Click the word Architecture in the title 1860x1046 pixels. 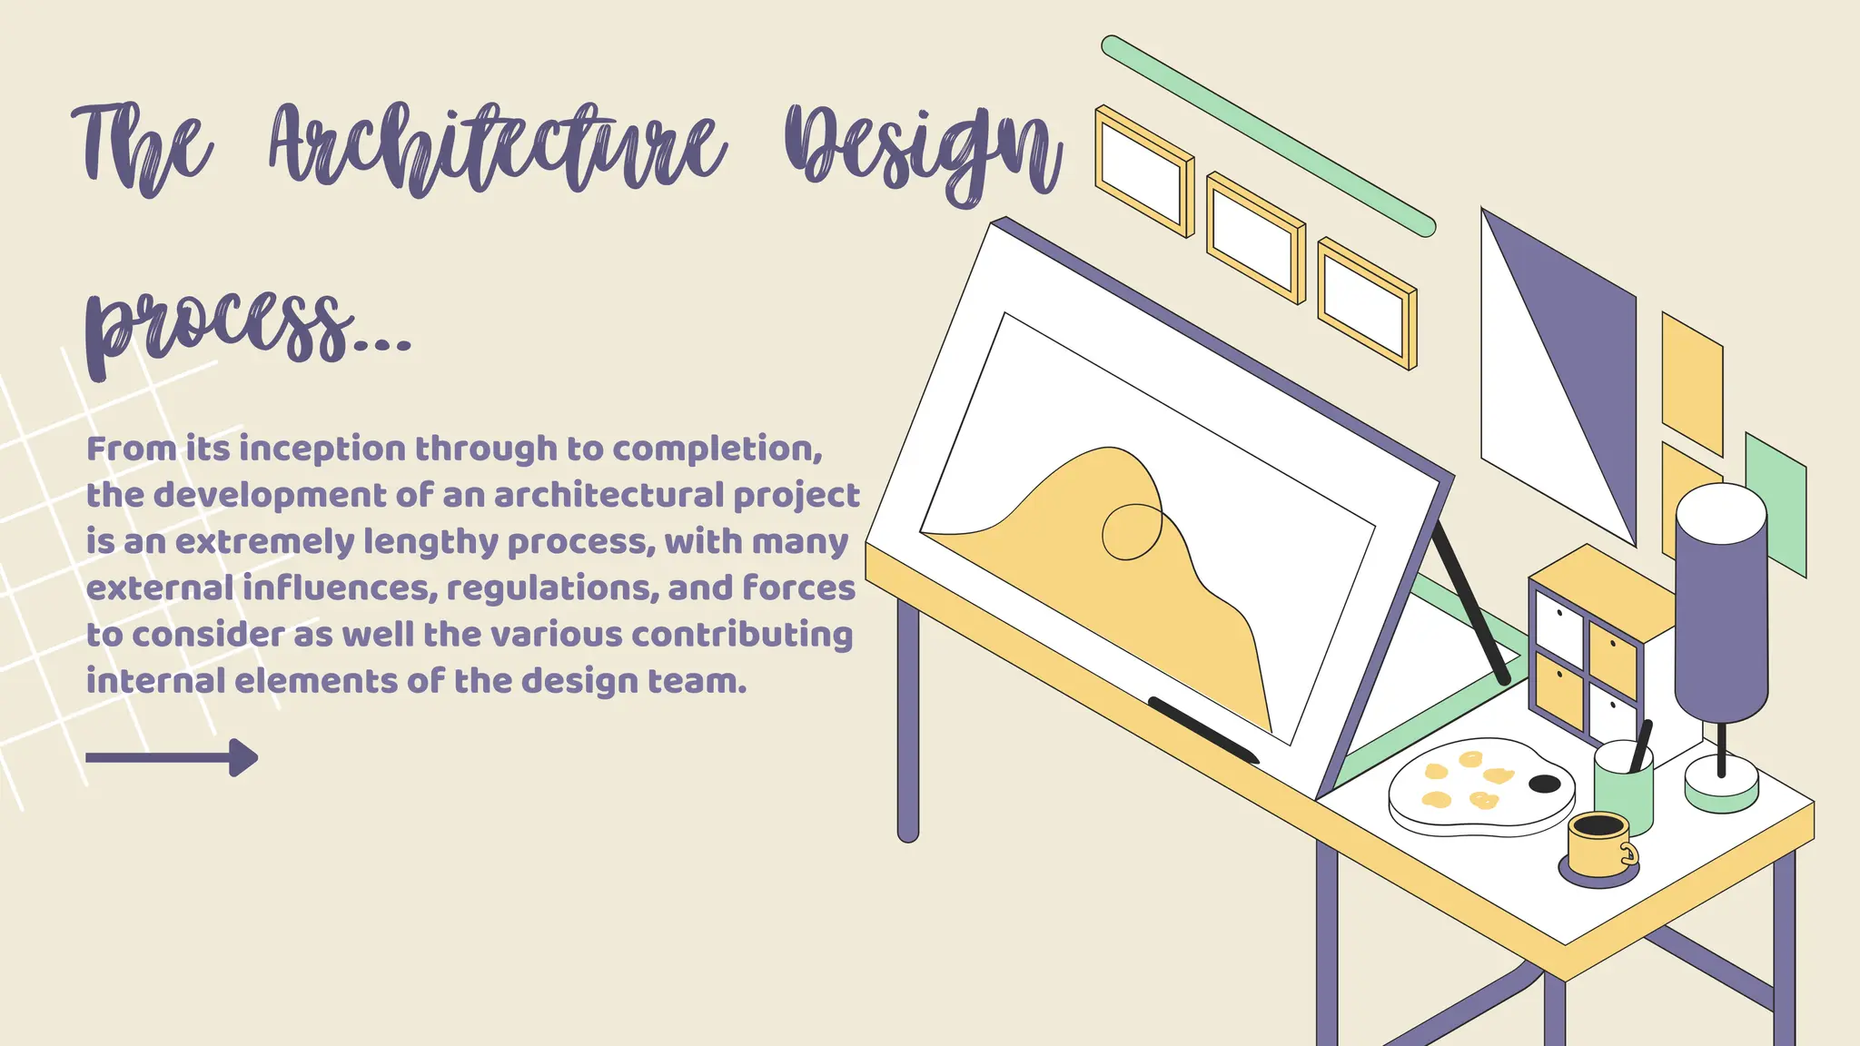click(498, 150)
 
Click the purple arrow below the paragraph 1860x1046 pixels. click(172, 757)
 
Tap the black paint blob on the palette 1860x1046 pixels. click(1544, 784)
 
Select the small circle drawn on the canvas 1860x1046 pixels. click(1132, 532)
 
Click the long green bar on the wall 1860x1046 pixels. click(1268, 136)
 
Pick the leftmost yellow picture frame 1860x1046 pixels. click(1143, 172)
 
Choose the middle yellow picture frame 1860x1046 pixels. click(1255, 238)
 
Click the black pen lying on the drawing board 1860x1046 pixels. click(1203, 729)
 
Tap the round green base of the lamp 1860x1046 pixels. click(1721, 786)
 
